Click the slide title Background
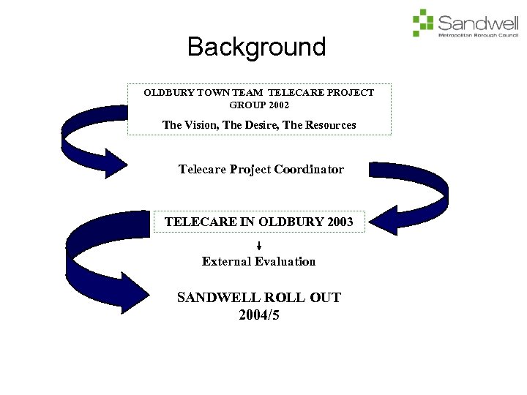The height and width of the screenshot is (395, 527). (256, 47)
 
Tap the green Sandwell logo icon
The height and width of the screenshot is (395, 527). (423, 22)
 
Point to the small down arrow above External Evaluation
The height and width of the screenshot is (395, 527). (259, 246)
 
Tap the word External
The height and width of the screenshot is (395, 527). (226, 262)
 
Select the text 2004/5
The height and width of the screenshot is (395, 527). (259, 315)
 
